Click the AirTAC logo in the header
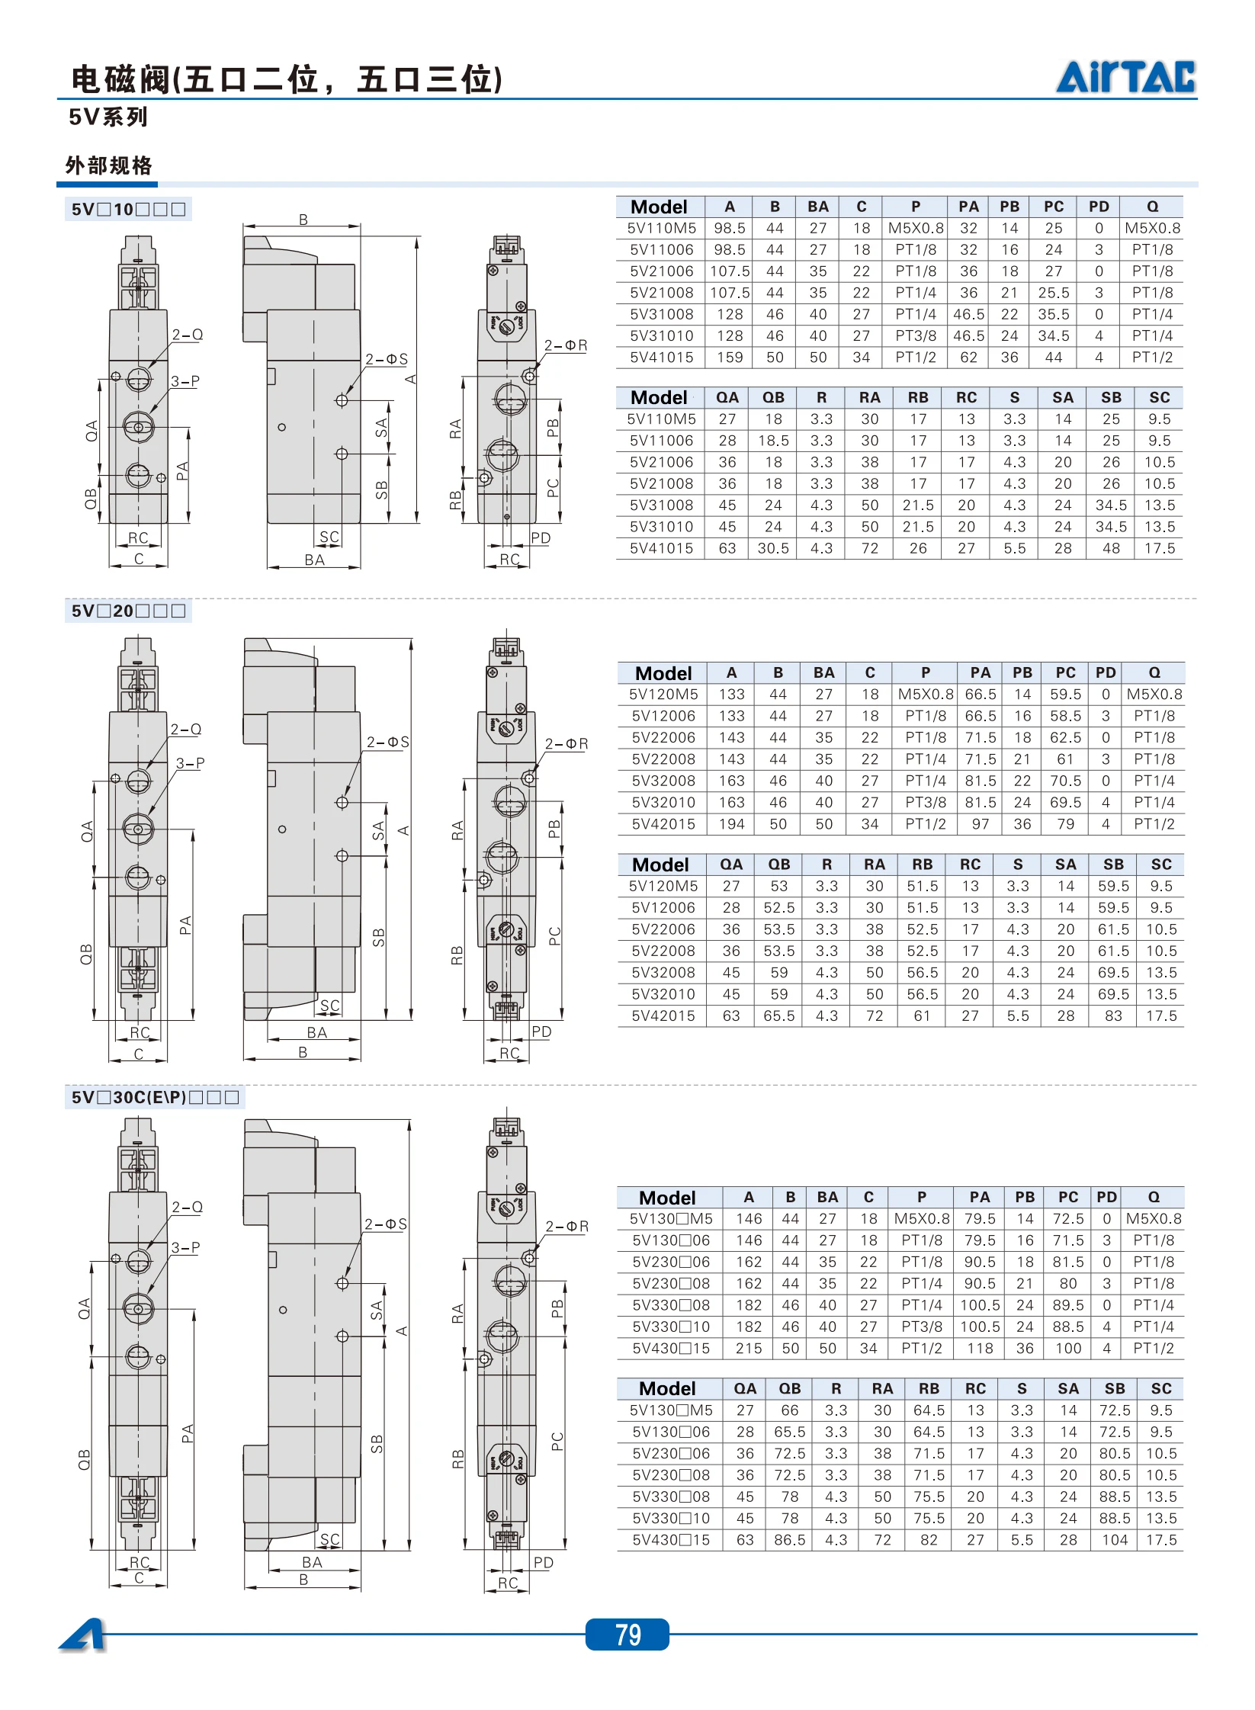click(x=1125, y=77)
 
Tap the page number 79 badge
click(x=627, y=1634)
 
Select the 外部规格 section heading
click(x=109, y=165)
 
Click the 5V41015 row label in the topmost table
click(x=662, y=358)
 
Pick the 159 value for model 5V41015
click(x=730, y=358)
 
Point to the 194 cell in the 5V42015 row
click(x=731, y=824)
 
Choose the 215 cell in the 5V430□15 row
click(x=749, y=1349)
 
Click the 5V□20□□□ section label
click(x=128, y=611)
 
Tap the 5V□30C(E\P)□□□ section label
click(x=155, y=1097)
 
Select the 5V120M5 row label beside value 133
click(x=663, y=695)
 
